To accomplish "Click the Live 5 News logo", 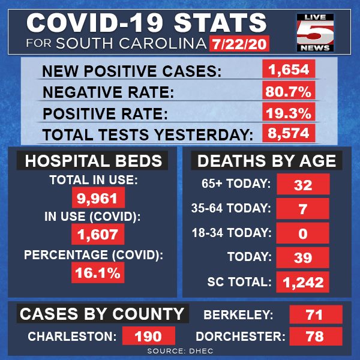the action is click(315, 32).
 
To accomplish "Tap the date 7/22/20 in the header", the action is click(239, 44).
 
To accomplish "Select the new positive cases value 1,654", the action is click(289, 69).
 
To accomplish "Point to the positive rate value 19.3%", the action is click(289, 112).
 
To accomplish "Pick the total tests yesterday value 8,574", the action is click(289, 133).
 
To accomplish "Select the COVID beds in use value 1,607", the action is click(98, 234).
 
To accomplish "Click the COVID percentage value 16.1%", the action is click(98, 272).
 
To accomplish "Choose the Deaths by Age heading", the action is click(266, 160).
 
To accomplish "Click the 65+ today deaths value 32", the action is click(303, 184).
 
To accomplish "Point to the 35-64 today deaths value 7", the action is click(302, 208).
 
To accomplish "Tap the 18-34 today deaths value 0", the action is click(302, 233).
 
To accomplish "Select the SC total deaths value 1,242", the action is click(302, 282).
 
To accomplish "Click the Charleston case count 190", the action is click(149, 336).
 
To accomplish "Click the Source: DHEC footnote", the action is click(180, 351).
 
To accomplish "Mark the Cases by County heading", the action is click(103, 314).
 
